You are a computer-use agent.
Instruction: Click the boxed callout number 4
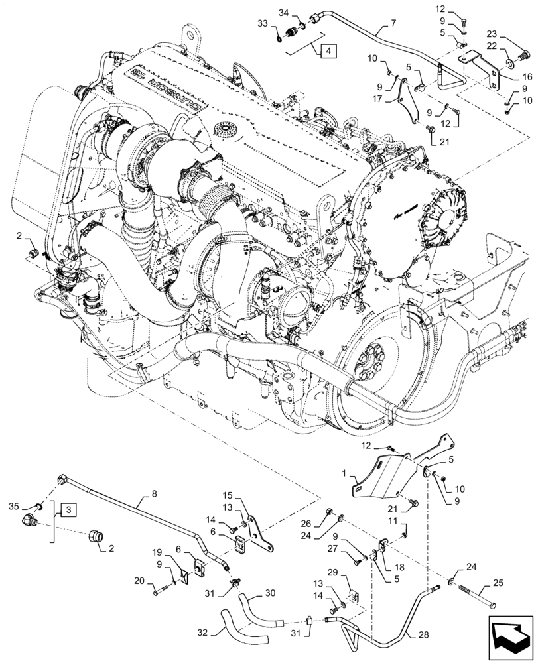pyautogui.click(x=329, y=50)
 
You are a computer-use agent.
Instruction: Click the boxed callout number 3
pyautogui.click(x=70, y=510)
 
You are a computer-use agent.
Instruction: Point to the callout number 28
pyautogui.click(x=424, y=635)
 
